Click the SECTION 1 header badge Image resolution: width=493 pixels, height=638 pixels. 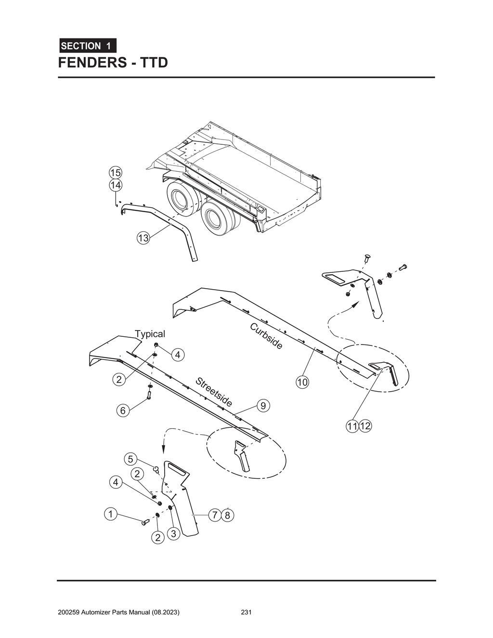pos(87,46)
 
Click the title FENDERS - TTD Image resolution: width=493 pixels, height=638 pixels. pos(113,63)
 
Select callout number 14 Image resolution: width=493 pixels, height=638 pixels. pos(115,185)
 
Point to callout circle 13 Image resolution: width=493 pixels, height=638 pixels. pos(143,238)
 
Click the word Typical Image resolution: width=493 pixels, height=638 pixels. pos(150,334)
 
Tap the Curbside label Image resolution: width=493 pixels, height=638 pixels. pos(266,336)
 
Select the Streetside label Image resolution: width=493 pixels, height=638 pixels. pos(214,392)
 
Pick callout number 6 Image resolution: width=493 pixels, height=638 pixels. pos(123,410)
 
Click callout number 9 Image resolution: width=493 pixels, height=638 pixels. pos(263,406)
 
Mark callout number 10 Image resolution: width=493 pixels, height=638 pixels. pos(302,383)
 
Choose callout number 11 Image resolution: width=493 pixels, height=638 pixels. pos(352,426)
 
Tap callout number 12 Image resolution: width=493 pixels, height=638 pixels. pos(365,426)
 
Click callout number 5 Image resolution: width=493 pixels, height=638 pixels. pos(130,459)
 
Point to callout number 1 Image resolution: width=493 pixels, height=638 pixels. pos(110,514)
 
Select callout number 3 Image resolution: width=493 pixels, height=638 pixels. pos(174,533)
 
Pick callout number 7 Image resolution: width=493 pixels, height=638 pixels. pos(215,515)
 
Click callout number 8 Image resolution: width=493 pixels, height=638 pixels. pos(228,515)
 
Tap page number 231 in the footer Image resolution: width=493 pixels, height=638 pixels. pos(246,612)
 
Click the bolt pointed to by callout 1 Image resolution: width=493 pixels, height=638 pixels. pos(145,523)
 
